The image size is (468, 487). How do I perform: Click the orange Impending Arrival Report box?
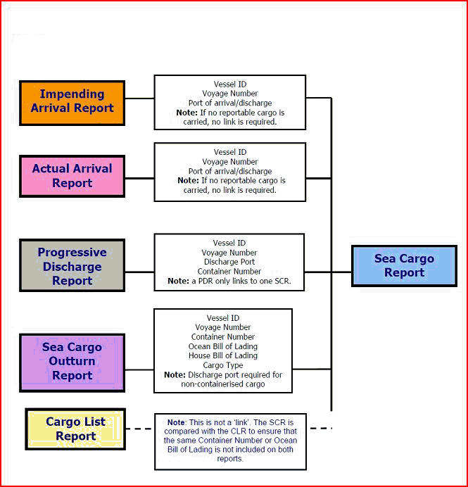tap(72, 101)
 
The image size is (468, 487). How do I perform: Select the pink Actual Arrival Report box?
tap(72, 176)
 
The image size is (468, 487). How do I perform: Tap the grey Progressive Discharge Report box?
tap(72, 266)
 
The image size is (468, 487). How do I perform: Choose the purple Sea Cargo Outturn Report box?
tap(72, 362)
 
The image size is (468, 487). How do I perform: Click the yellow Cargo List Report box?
tap(75, 429)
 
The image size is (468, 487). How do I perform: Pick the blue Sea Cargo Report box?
tap(404, 265)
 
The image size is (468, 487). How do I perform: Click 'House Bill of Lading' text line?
tap(222, 355)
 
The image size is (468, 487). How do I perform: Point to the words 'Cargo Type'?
tap(222, 365)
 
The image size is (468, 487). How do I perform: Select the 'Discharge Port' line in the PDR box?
tap(229, 262)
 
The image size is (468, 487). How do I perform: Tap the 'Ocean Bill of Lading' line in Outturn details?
tap(222, 346)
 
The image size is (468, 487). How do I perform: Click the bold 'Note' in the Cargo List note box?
tap(175, 422)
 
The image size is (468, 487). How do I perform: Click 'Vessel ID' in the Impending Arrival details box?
tap(229, 84)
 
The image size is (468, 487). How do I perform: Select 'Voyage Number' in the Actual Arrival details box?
tap(229, 161)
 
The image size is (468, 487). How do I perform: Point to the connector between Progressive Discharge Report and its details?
tap(139, 272)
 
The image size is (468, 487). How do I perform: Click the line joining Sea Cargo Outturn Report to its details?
tap(139, 369)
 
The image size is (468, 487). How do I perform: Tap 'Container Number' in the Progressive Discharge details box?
tap(229, 271)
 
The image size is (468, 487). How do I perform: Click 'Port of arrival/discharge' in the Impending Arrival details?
tap(229, 103)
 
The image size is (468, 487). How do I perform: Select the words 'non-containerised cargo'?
tap(222, 384)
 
